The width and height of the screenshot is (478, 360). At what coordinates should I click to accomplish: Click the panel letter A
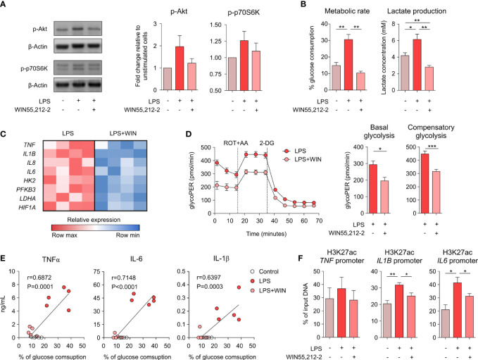coord(6,7)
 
